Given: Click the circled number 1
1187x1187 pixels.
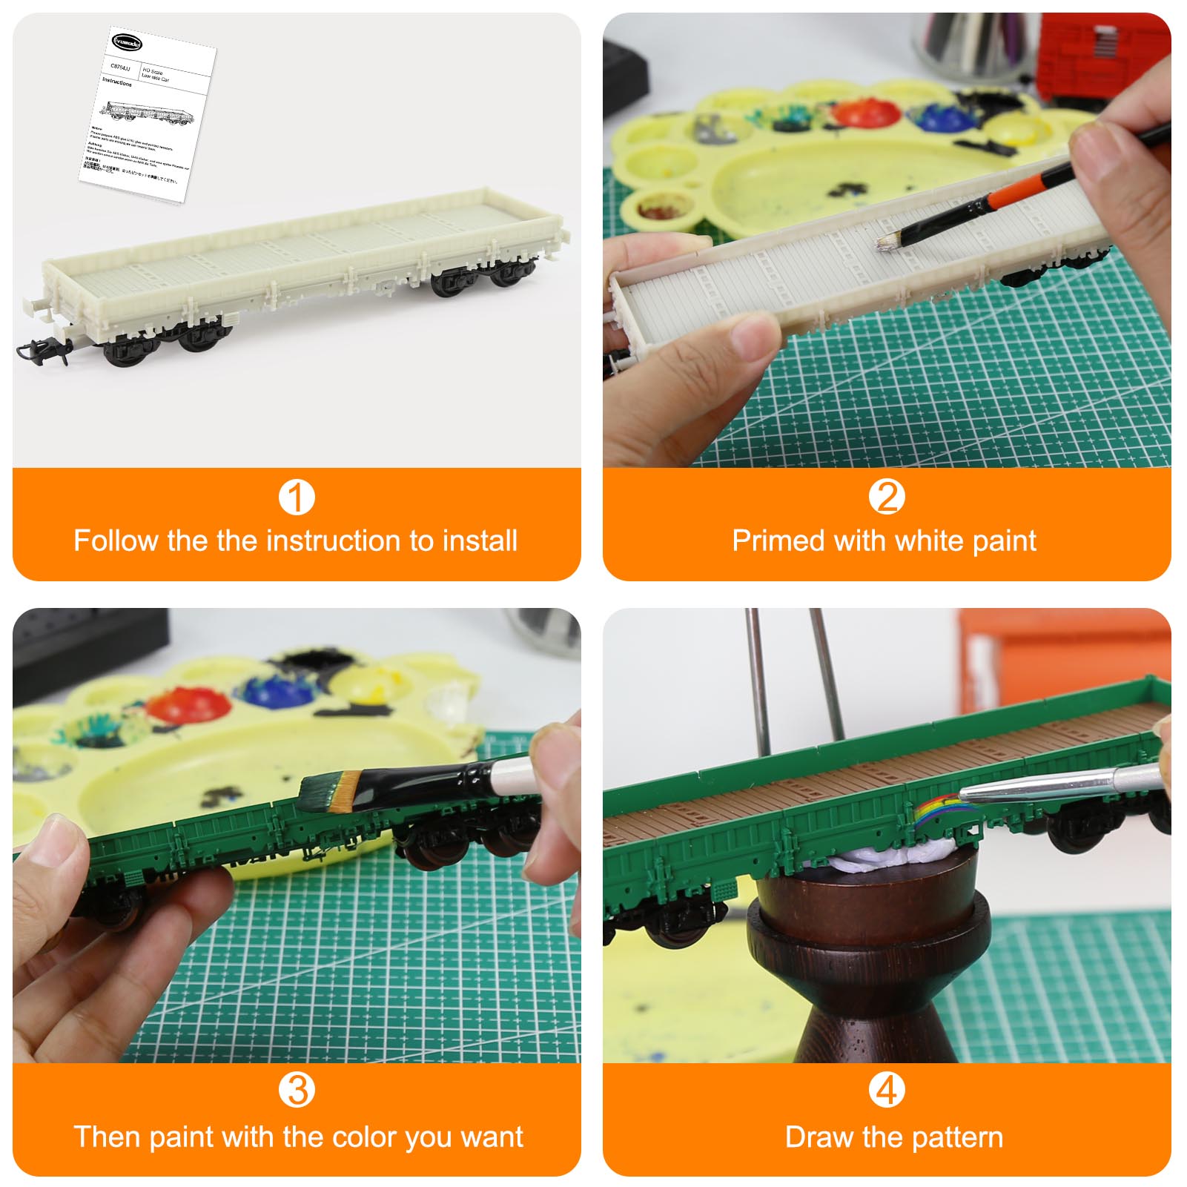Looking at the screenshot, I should pos(297,497).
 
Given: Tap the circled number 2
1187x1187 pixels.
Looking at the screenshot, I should pos(887,497).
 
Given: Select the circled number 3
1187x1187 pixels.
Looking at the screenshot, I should pos(297,1091).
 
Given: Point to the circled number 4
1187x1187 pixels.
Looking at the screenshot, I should pos(887,1091).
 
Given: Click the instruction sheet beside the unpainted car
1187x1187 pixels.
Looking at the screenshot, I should pos(148,111).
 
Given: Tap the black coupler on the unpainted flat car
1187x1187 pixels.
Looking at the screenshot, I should pos(41,348).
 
